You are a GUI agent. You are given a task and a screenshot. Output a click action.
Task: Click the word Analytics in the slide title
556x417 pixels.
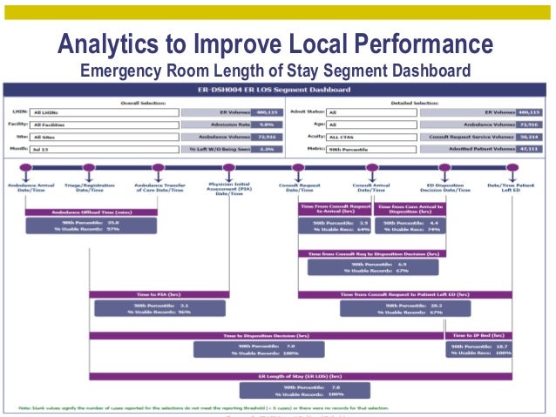click(113, 44)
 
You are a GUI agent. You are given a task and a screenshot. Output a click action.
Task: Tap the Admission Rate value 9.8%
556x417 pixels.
click(254, 124)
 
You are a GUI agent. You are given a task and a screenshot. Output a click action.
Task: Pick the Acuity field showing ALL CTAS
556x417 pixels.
click(370, 138)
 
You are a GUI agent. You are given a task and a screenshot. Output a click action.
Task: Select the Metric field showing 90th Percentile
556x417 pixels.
click(370, 150)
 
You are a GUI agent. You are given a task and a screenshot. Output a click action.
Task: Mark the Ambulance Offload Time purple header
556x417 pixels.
click(91, 212)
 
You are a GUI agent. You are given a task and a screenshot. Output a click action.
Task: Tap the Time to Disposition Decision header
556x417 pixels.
click(266, 335)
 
